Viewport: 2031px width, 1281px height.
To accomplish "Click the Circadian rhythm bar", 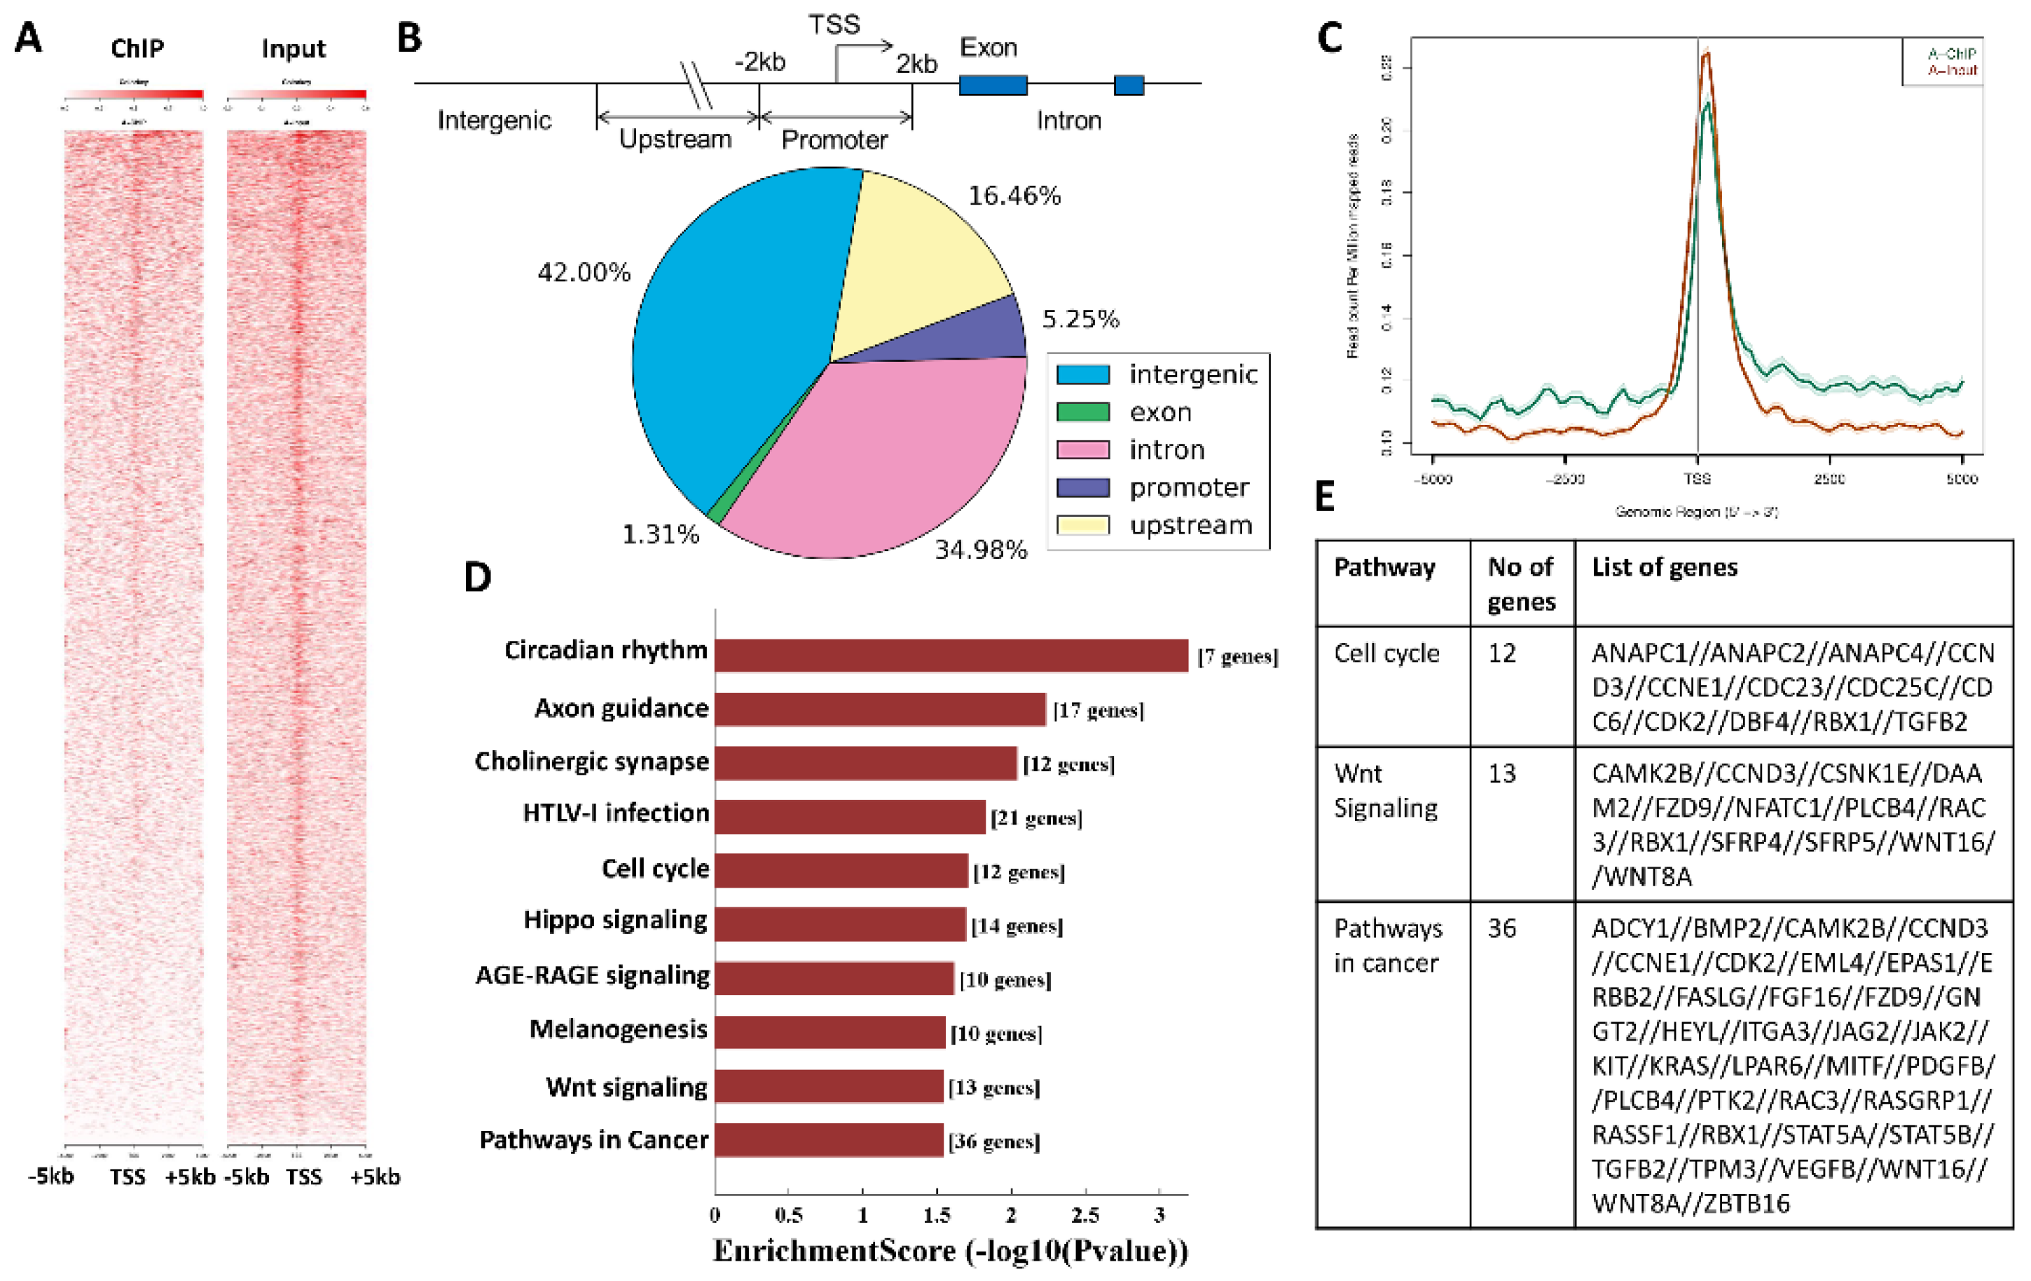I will [951, 656].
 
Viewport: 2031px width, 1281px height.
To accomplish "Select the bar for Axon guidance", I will [880, 710].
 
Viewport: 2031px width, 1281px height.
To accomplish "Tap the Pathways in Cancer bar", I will [828, 1140].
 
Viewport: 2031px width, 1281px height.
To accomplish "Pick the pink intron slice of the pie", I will [877, 456].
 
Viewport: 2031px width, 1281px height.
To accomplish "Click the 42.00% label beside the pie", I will [584, 273].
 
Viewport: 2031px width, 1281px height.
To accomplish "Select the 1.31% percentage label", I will [661, 534].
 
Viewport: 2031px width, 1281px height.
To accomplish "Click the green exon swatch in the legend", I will [1083, 412].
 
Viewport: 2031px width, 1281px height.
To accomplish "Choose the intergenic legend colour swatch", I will [1083, 374].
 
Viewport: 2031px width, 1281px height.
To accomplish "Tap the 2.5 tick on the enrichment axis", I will [1085, 1215].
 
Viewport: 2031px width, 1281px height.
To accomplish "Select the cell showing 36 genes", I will [1501, 928].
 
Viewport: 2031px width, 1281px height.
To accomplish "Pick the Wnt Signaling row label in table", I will [1386, 791].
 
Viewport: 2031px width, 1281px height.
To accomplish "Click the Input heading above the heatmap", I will [293, 49].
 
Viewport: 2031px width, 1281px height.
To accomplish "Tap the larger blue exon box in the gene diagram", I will [993, 84].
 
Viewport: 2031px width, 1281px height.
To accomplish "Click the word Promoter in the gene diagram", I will [834, 140].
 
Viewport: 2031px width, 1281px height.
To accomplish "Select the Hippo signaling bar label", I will [615, 920].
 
